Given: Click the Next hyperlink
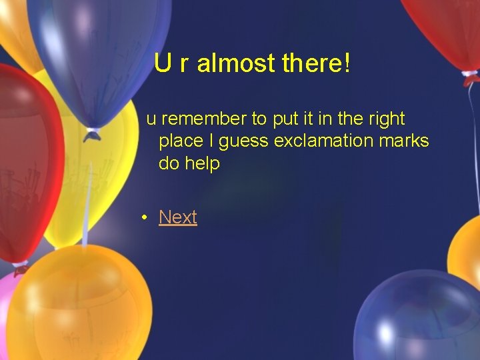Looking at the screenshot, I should [178, 217].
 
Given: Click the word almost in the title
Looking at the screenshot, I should [236, 64].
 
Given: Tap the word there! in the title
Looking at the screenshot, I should [316, 64].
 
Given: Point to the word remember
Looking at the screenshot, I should [203, 119].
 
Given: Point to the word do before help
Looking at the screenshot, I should [169, 163].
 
